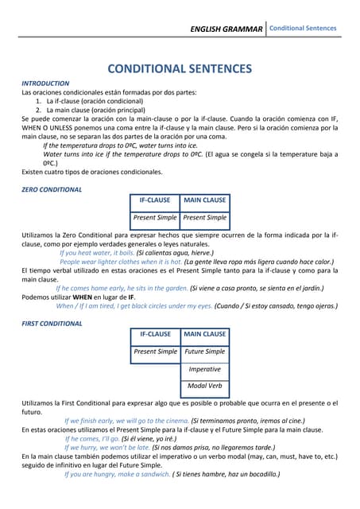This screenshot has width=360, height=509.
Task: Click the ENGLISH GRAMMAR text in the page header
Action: (x=226, y=29)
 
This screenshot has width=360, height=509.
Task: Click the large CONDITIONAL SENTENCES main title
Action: (x=180, y=68)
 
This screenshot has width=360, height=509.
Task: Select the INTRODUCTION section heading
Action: (x=45, y=83)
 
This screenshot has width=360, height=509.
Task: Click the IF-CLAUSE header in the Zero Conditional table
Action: (x=155, y=200)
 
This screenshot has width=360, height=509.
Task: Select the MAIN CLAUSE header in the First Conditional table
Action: (x=205, y=334)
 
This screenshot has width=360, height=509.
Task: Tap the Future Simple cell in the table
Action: (x=205, y=352)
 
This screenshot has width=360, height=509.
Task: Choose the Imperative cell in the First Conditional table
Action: (x=205, y=369)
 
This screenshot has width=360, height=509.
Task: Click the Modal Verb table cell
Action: (x=205, y=387)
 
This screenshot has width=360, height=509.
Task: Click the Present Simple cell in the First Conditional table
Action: (x=155, y=352)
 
